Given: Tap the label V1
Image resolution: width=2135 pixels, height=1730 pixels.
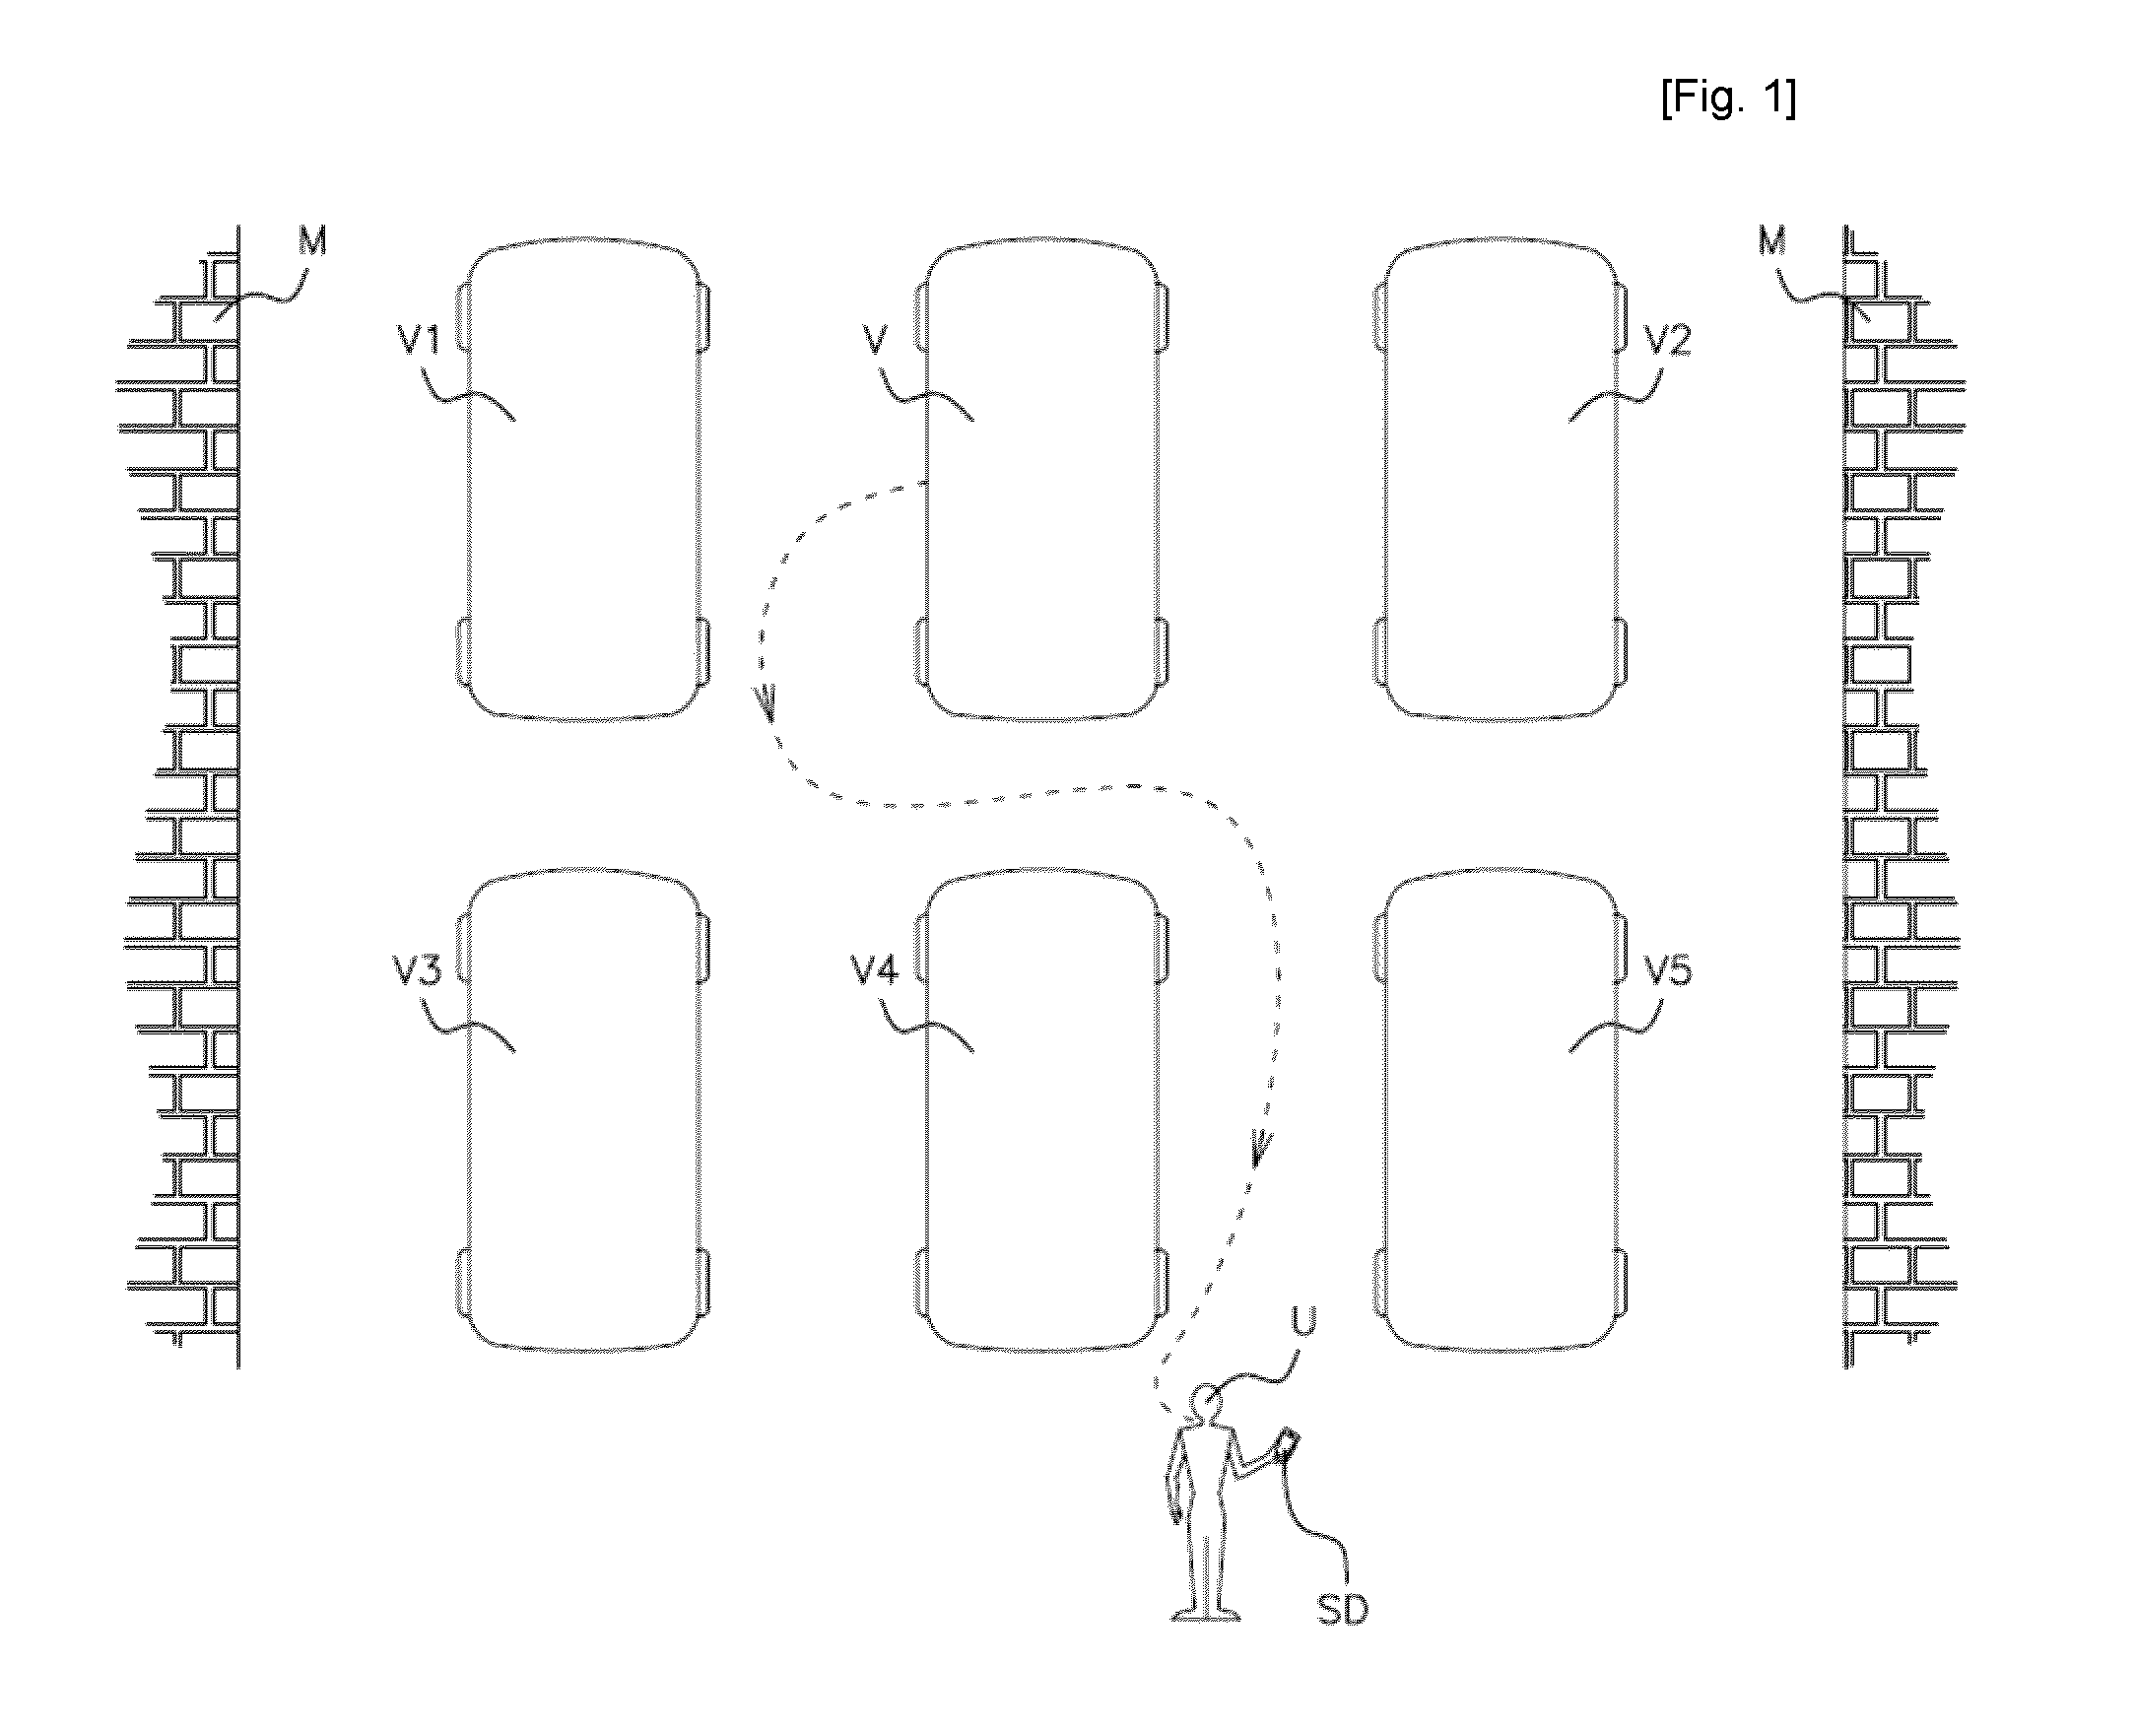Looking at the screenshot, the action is [420, 341].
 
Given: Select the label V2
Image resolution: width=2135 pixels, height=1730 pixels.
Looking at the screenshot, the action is [1668, 341].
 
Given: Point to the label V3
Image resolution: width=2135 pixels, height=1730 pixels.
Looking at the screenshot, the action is [418, 970].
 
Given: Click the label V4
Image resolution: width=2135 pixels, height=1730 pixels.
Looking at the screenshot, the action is [874, 970].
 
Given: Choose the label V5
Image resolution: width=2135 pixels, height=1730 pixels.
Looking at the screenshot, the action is [1668, 970].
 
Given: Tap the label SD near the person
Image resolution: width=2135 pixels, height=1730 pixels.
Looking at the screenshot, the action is [1342, 1610].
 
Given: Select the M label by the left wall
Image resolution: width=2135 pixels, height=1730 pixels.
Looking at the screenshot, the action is [312, 240].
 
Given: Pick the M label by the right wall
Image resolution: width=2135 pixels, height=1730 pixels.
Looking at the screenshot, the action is [1771, 240].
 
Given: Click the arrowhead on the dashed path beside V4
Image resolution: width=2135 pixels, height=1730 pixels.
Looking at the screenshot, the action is [1261, 1148].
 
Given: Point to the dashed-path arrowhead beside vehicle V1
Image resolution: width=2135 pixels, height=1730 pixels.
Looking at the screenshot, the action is [768, 703].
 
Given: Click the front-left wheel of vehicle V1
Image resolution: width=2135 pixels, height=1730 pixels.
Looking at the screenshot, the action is [463, 318].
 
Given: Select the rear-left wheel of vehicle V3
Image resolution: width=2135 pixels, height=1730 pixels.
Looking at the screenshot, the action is [463, 1283].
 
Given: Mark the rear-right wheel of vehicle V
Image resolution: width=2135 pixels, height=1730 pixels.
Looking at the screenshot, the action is [1162, 652].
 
